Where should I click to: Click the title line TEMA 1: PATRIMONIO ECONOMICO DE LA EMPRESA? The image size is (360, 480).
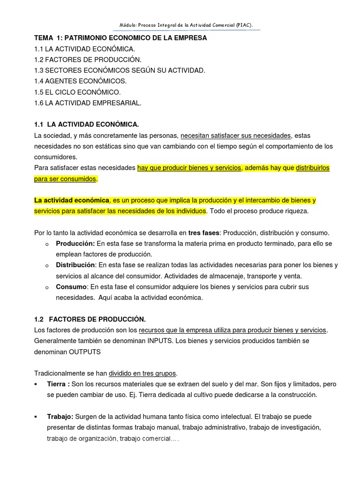[120, 38]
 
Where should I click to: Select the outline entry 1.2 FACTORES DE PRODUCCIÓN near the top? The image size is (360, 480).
[88, 60]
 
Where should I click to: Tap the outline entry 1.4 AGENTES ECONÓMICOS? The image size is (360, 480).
[80, 81]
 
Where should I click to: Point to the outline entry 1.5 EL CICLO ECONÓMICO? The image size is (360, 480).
[77, 92]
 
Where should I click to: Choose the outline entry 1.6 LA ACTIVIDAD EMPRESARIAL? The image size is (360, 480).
[88, 103]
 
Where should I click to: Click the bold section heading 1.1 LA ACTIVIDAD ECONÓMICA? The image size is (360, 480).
[87, 125]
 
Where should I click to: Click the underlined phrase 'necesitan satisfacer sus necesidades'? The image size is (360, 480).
[236, 135]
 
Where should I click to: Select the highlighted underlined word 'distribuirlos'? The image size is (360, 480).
[313, 168]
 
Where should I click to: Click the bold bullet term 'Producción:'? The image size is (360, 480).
[75, 244]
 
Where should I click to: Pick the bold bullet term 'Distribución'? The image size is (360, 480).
[75, 265]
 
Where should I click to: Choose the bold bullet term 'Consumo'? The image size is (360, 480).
[71, 287]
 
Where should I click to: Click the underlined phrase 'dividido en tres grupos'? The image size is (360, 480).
[142, 373]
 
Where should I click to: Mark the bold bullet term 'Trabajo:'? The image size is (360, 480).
[60, 416]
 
